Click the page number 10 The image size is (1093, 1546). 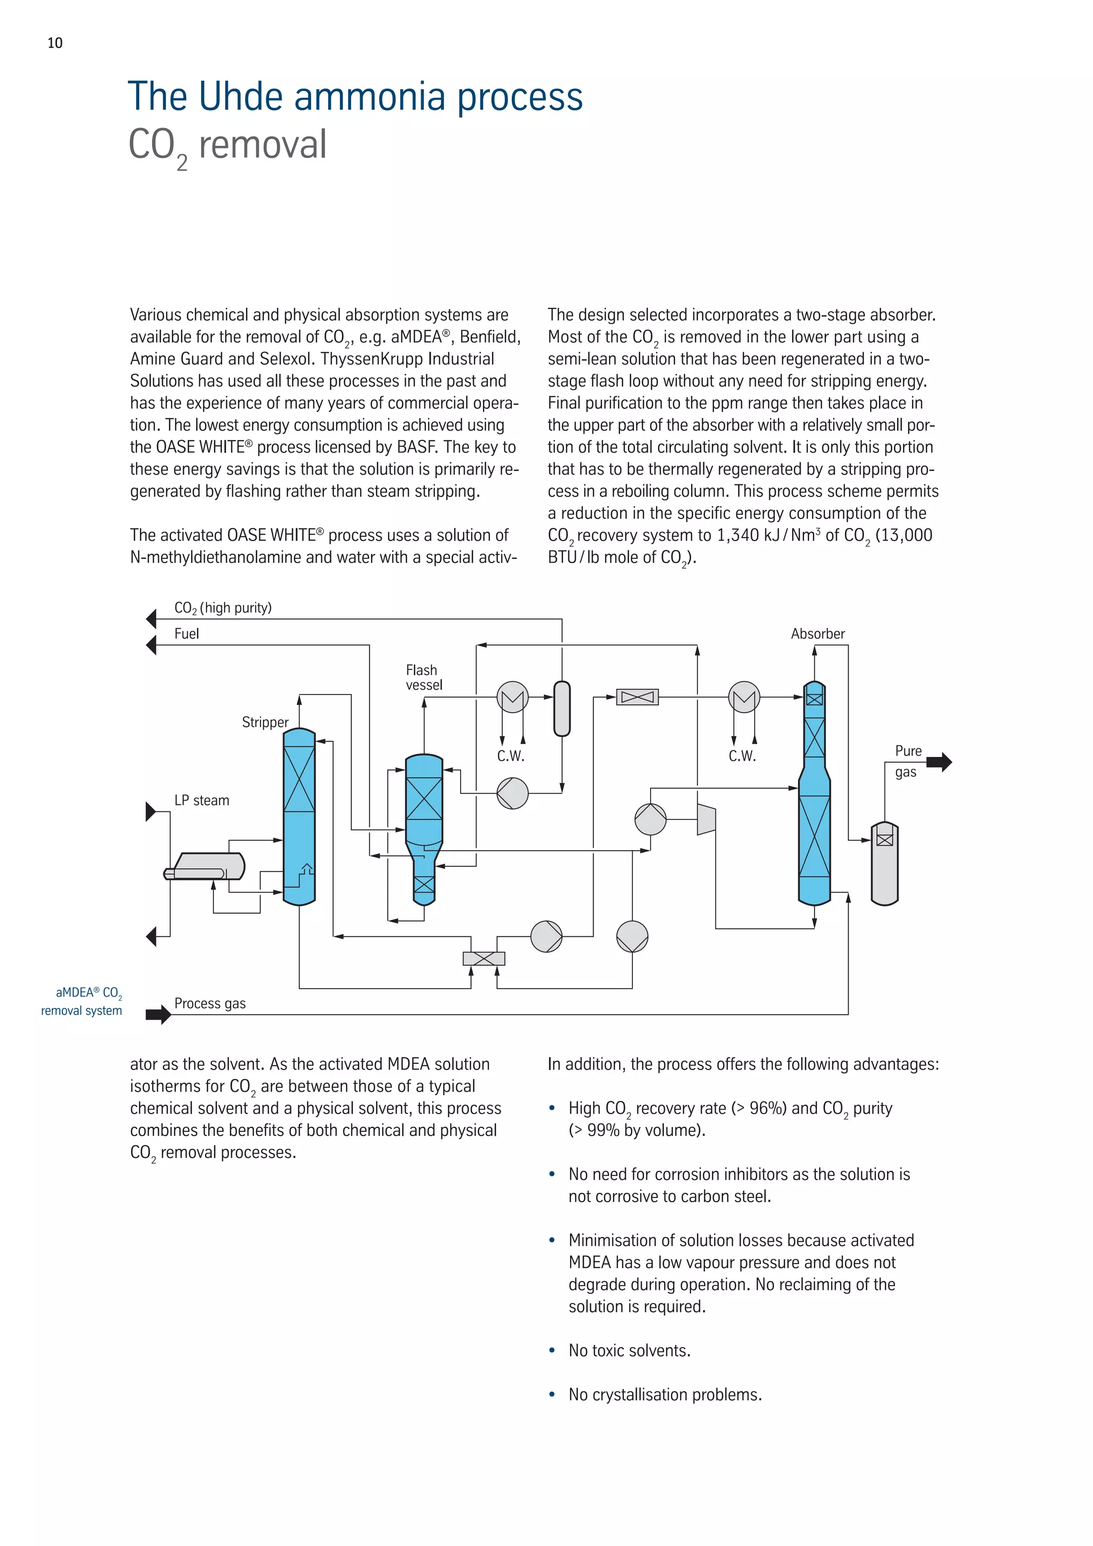point(54,43)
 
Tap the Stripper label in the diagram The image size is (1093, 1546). point(265,722)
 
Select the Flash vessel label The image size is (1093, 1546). point(423,677)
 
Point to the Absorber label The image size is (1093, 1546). point(817,634)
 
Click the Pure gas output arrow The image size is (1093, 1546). point(939,762)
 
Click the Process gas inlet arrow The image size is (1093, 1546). point(158,1014)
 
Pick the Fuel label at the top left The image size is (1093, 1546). point(186,634)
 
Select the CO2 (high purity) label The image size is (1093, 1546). point(223,608)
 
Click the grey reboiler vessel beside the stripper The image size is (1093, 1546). point(205,866)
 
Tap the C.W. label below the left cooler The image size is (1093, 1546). point(511,755)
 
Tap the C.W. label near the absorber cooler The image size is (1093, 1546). point(742,755)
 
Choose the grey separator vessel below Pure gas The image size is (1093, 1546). point(884,865)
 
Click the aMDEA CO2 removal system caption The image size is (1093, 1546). point(82,1001)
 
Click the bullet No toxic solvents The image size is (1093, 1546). point(629,1351)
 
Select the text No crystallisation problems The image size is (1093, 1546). point(665,1394)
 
